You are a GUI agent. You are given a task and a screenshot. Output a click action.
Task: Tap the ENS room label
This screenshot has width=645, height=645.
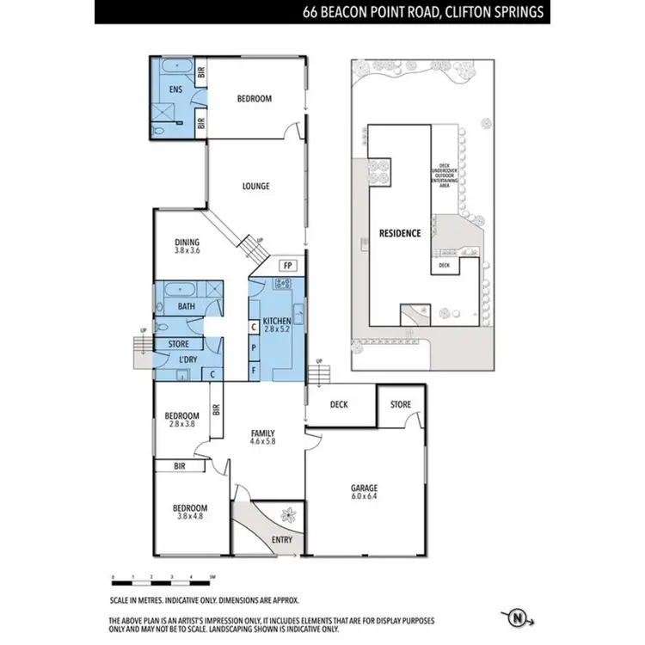[x=175, y=89]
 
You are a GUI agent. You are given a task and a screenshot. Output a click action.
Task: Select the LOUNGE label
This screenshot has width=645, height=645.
[x=255, y=186]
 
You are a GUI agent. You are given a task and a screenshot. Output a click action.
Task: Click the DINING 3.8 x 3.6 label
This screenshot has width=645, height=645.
[x=187, y=246]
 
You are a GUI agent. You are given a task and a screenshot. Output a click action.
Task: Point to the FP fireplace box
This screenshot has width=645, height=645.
[x=288, y=265]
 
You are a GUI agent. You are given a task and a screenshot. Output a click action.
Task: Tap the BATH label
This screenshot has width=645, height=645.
[x=186, y=306]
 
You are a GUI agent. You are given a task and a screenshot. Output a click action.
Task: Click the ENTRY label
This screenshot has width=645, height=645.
[x=281, y=540]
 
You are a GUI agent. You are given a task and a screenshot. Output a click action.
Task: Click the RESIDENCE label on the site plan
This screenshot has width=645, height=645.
[x=400, y=233]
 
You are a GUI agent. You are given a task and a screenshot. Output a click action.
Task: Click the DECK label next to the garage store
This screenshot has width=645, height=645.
[x=339, y=404]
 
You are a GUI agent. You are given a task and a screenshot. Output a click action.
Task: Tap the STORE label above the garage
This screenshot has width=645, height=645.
[x=401, y=404]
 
